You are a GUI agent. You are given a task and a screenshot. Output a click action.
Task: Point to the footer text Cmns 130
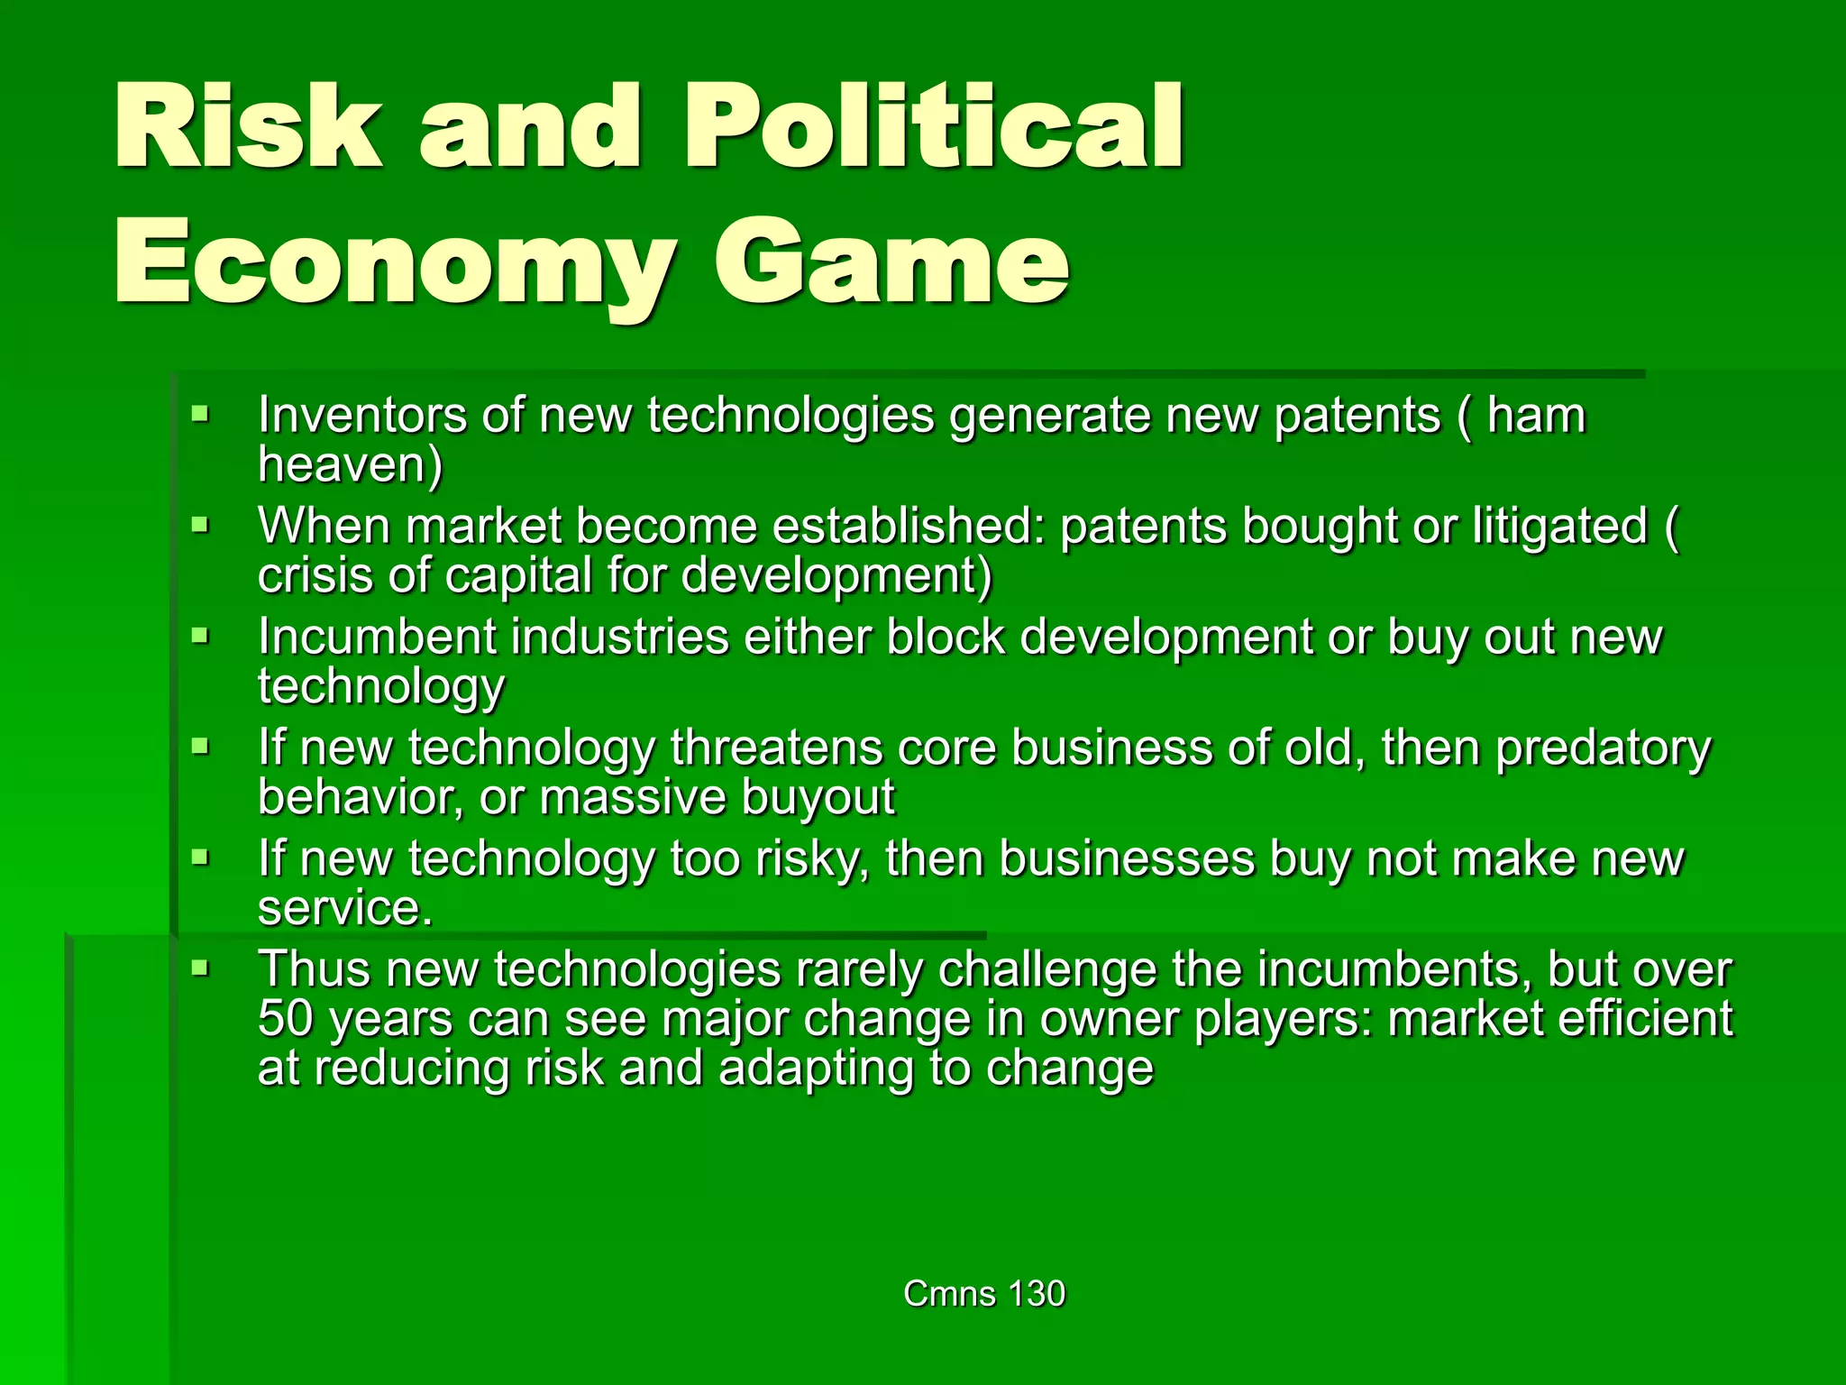coord(984,1293)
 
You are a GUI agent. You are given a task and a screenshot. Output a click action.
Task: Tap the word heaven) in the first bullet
coord(350,465)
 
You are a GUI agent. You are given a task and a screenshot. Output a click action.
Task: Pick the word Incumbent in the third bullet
coord(377,637)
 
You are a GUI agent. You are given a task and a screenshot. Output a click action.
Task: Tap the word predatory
coord(1604,749)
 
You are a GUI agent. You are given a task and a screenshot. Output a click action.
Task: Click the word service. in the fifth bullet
coord(345,908)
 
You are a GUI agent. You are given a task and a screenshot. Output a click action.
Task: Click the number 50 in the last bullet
coord(285,1019)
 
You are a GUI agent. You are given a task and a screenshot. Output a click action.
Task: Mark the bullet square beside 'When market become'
coord(200,525)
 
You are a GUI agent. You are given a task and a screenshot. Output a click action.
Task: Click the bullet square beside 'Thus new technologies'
coord(200,969)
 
